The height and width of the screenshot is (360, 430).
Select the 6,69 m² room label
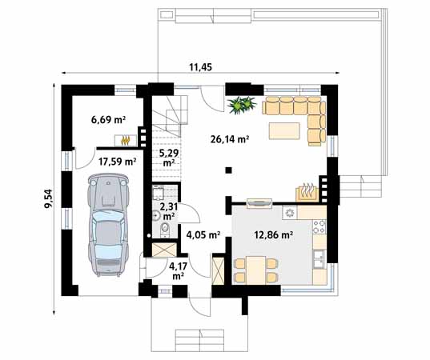(109, 121)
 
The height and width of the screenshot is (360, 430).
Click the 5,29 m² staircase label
(168, 157)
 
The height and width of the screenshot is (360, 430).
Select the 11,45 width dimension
(200, 66)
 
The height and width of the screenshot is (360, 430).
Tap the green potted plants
(243, 104)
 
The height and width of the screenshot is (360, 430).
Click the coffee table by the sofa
(282, 130)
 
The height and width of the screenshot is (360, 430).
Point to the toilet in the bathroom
(164, 230)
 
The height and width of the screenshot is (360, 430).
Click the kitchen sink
(319, 258)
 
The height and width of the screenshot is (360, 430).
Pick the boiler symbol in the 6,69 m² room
(126, 141)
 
